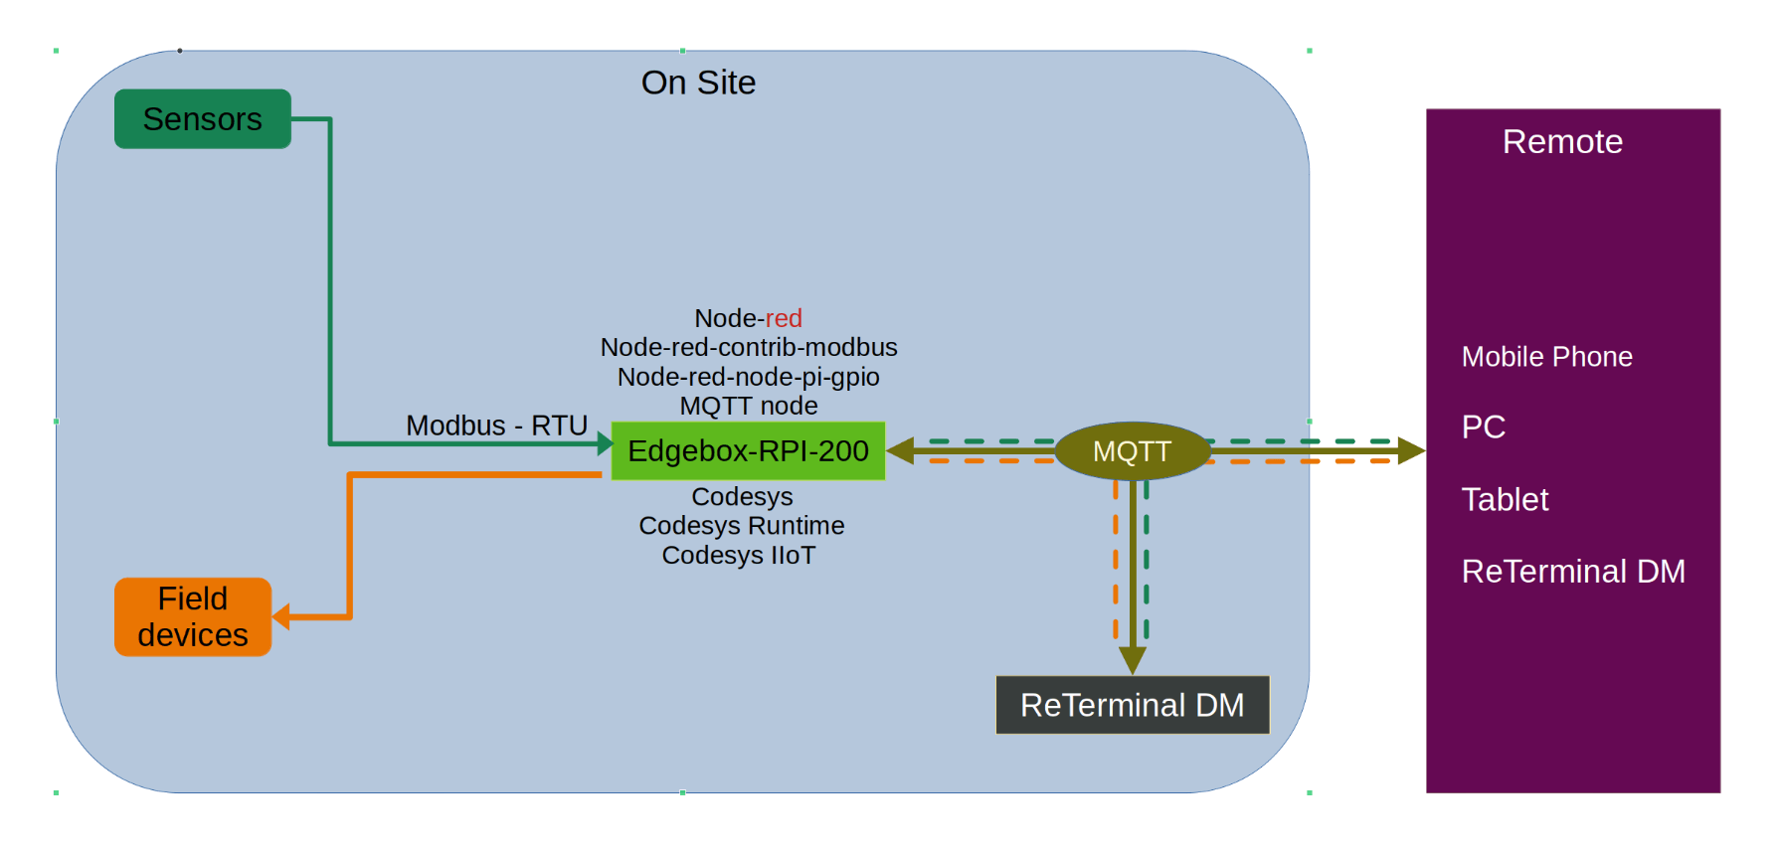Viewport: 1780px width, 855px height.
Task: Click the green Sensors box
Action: click(x=203, y=119)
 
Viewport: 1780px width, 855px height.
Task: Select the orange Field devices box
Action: click(x=193, y=617)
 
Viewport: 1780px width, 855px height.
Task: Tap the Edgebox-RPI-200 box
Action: click(x=748, y=451)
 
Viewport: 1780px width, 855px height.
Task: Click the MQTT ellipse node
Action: click(x=1132, y=451)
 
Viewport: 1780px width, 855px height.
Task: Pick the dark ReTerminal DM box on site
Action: click(x=1133, y=705)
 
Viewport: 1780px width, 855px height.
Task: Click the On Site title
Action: click(x=698, y=83)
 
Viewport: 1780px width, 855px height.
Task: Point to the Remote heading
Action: click(x=1562, y=142)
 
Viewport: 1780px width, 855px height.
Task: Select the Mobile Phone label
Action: click(x=1546, y=357)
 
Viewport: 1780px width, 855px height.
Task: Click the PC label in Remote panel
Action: click(x=1483, y=427)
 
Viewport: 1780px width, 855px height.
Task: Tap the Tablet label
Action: click(x=1505, y=499)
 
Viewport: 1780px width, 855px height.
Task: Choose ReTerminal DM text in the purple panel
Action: click(x=1573, y=572)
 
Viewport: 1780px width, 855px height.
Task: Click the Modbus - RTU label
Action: click(x=496, y=426)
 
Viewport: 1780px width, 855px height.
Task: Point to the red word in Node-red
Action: click(x=784, y=318)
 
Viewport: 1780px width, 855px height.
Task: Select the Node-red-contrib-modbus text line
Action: click(x=749, y=347)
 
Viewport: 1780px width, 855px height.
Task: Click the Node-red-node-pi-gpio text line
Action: click(x=749, y=377)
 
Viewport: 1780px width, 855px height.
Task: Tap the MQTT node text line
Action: click(x=749, y=406)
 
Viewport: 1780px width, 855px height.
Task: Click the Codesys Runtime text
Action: click(x=742, y=525)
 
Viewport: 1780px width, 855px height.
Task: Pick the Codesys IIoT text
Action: click(x=739, y=555)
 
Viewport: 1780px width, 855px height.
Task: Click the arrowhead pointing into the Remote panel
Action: click(x=1412, y=451)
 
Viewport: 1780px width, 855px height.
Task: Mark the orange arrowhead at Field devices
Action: click(x=281, y=616)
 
